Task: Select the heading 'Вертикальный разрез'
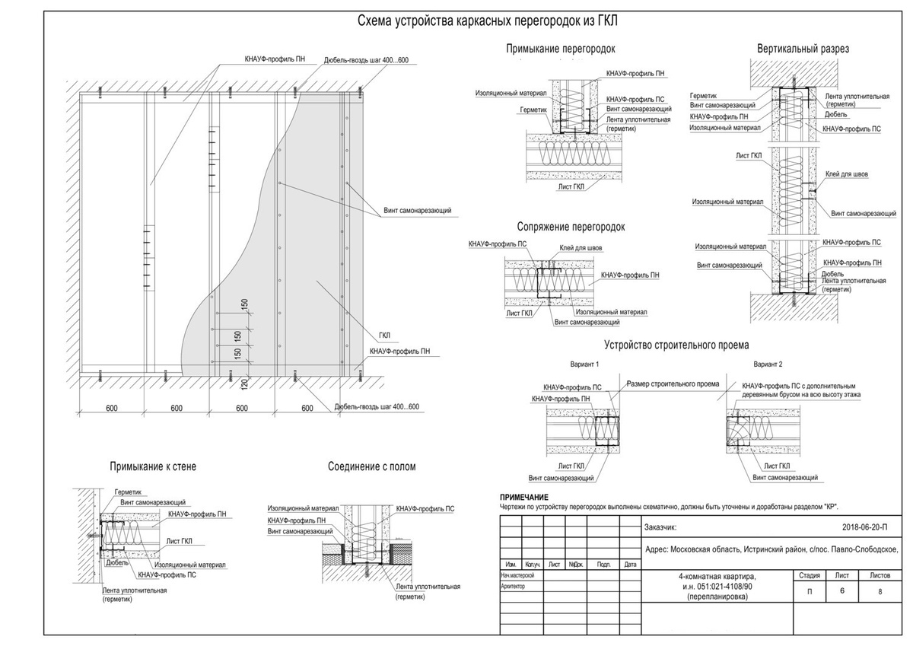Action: tap(803, 49)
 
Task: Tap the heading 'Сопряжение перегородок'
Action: tap(571, 227)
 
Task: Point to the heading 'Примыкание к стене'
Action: tap(153, 466)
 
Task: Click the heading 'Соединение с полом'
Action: tap(372, 466)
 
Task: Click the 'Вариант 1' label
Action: tap(585, 364)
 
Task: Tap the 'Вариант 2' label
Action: tap(768, 364)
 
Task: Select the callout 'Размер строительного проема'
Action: tap(673, 384)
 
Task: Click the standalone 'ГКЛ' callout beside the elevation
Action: tap(385, 335)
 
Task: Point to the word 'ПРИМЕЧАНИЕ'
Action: tap(524, 497)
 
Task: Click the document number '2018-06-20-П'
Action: tap(865, 527)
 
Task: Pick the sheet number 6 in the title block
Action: tap(842, 590)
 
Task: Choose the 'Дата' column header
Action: tap(629, 565)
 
